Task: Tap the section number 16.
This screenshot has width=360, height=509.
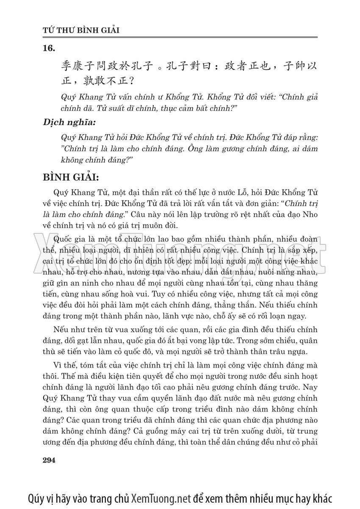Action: [x=49, y=49]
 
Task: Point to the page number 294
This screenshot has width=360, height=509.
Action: [x=50, y=460]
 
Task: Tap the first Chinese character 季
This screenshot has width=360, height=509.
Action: [x=67, y=67]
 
